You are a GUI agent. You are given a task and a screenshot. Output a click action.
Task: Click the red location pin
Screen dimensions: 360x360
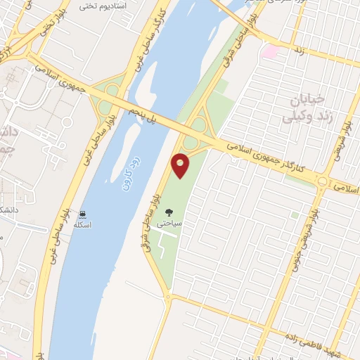click(x=181, y=165)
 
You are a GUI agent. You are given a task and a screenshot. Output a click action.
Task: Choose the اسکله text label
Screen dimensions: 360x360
click(x=84, y=225)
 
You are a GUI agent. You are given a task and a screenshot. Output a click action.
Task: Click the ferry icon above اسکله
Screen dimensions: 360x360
click(x=84, y=214)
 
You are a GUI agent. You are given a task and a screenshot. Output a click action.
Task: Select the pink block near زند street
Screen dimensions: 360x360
click(x=270, y=51)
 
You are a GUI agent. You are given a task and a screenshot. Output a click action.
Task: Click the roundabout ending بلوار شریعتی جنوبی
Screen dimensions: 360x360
click(x=322, y=181)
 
